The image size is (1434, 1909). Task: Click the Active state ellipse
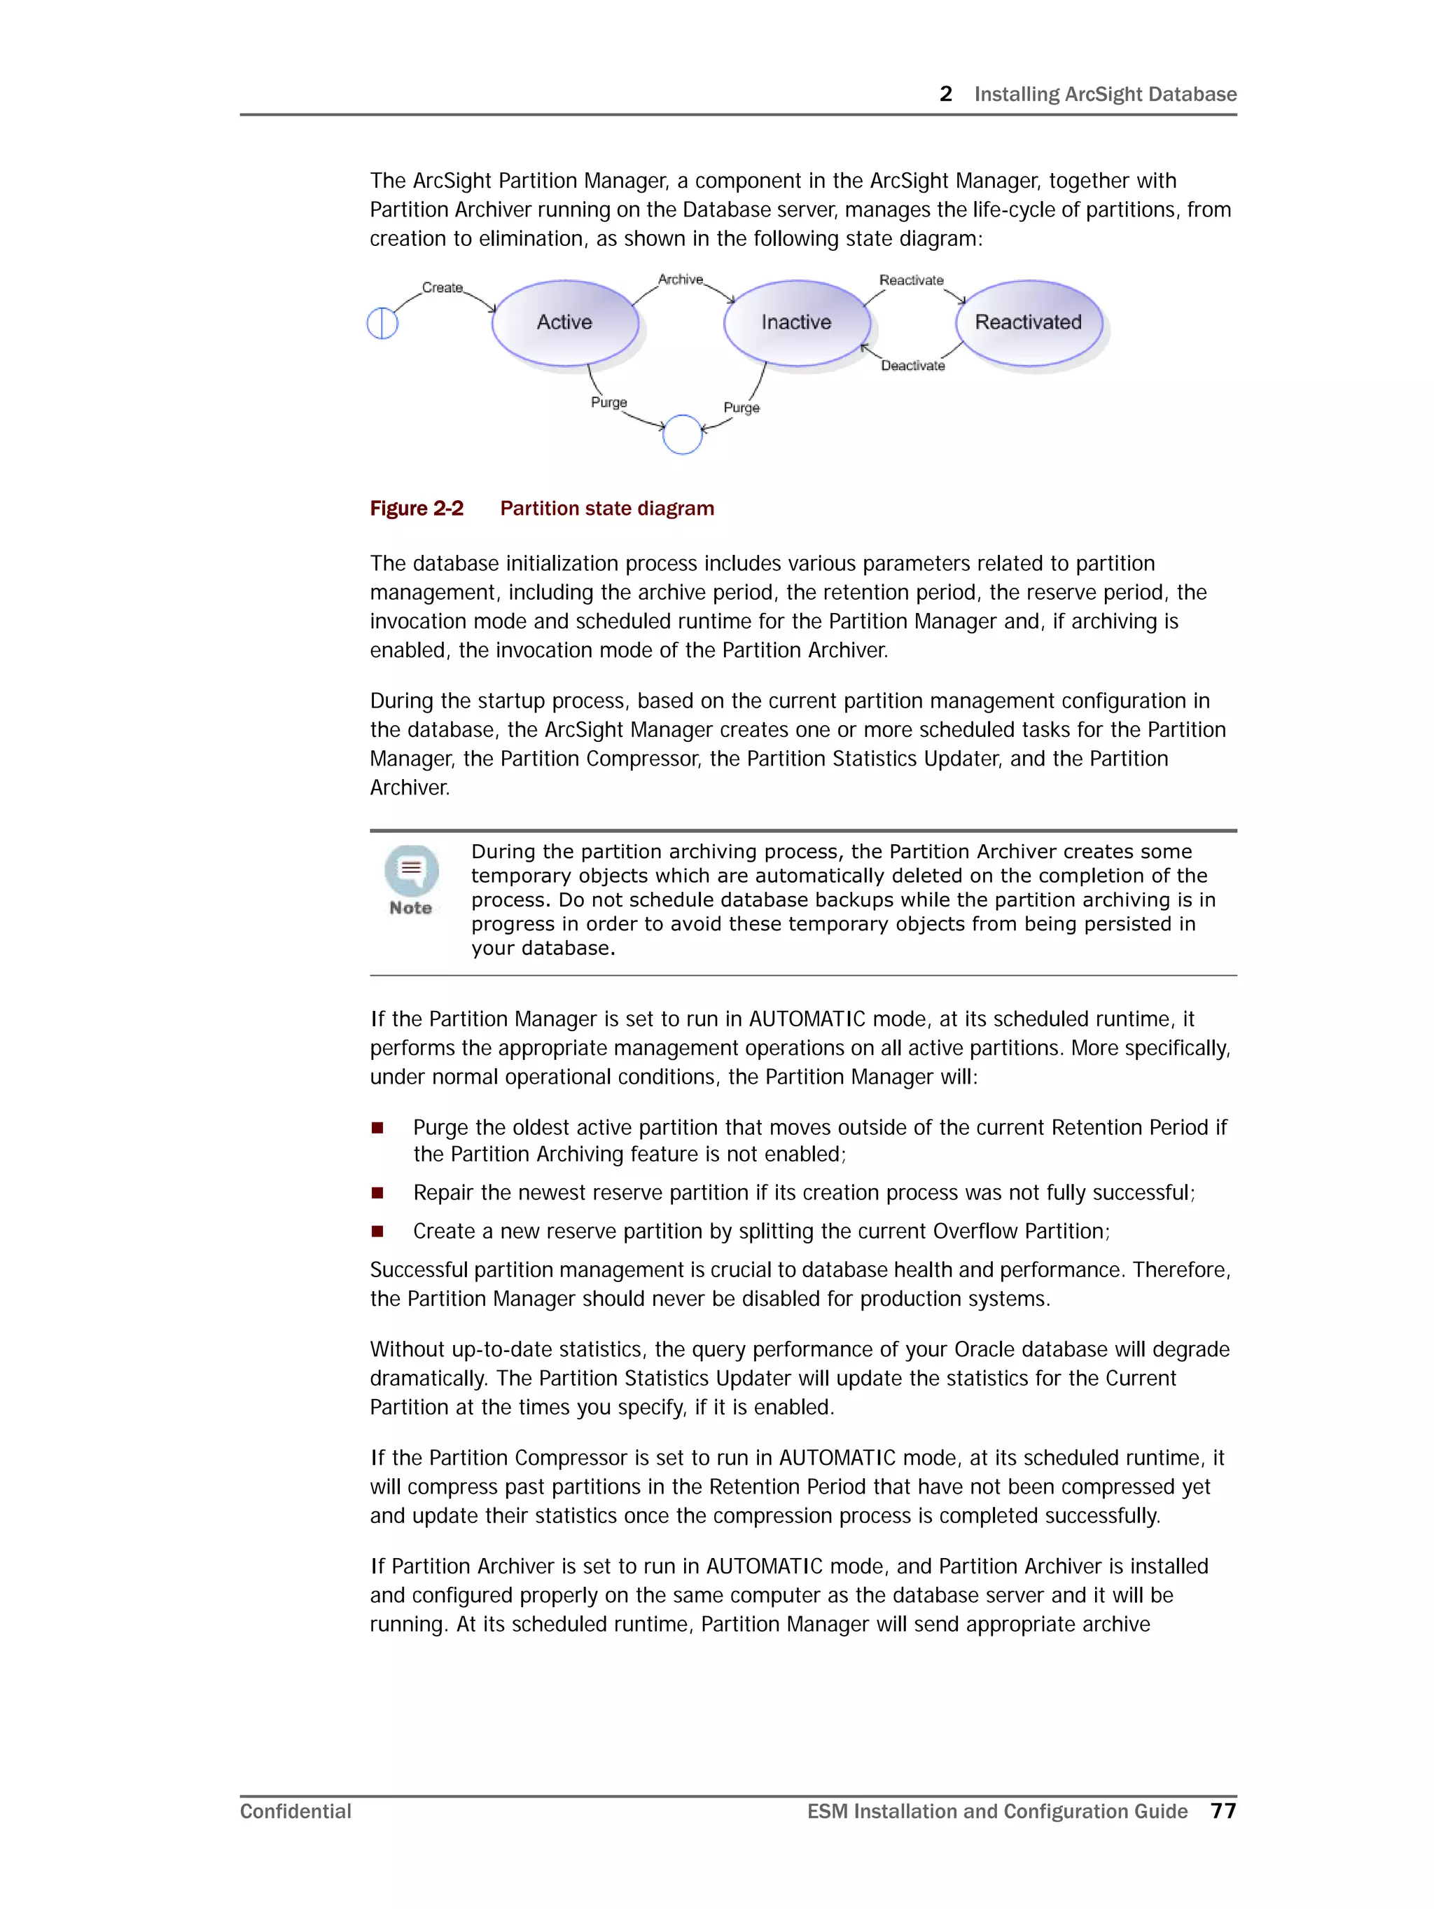coord(564,322)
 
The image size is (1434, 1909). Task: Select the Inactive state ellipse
coord(795,322)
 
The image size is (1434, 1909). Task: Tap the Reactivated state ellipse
coord(1028,322)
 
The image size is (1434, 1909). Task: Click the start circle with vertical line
coord(382,324)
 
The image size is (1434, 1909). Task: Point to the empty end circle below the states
coord(681,434)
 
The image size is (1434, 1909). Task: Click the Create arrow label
coord(442,287)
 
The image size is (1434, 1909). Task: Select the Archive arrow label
coord(680,279)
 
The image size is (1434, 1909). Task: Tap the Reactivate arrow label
coord(911,280)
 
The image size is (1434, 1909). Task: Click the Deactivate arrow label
coord(912,366)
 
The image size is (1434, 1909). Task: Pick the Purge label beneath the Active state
coord(608,402)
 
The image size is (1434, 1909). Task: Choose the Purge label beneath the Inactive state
coord(742,407)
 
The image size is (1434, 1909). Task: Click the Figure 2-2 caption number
coord(416,509)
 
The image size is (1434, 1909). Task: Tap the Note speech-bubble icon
coord(412,870)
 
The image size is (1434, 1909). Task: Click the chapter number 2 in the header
coord(946,94)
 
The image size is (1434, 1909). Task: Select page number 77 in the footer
coord(1223,1811)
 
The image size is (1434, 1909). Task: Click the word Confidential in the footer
coord(295,1811)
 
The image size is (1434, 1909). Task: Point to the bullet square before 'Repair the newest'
coord(377,1193)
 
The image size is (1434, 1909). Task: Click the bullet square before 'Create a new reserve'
coord(377,1232)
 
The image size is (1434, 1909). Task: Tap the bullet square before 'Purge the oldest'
coord(377,1127)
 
